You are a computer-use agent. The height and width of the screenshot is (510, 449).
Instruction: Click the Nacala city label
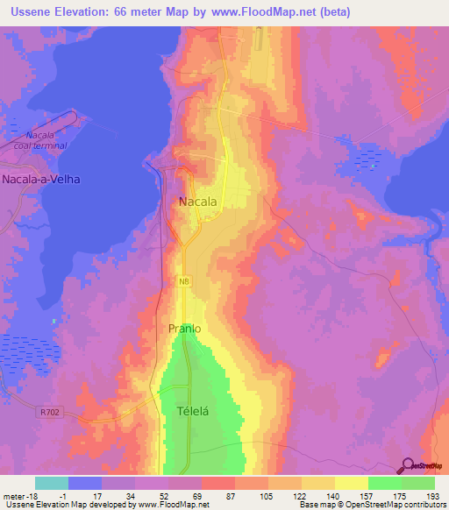point(197,202)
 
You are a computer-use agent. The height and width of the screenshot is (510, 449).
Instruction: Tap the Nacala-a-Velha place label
point(41,180)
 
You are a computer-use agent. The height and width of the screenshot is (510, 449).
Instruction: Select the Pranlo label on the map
point(184,329)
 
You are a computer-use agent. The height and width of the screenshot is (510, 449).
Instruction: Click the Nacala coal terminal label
point(42,140)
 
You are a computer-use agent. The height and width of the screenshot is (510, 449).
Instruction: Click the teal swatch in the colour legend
point(52,483)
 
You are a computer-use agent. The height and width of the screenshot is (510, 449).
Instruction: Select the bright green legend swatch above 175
point(385,483)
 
